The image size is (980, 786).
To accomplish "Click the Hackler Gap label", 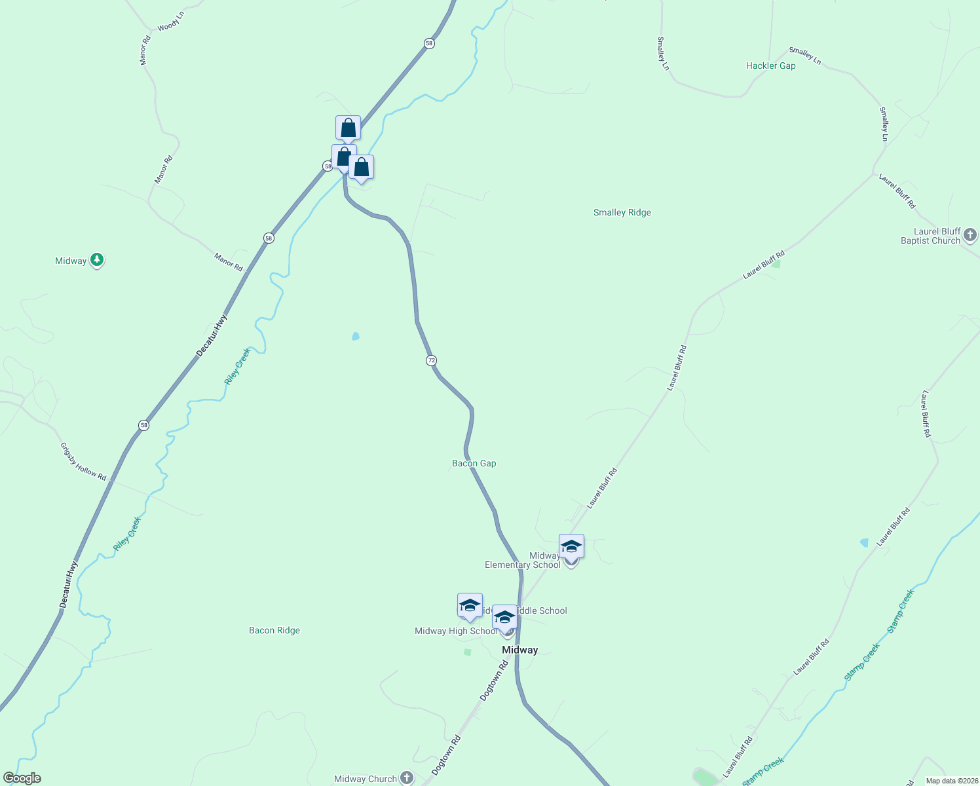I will [770, 65].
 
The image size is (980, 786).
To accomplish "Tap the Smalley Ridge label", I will [622, 212].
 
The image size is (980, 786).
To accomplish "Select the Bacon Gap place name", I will [474, 463].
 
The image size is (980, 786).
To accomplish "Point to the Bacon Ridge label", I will [274, 630].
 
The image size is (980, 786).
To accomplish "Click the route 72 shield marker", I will [431, 360].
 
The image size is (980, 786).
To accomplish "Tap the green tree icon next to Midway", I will [97, 260].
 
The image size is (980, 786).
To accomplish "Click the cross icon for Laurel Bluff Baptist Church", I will [970, 235].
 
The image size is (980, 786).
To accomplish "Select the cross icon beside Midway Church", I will [407, 777].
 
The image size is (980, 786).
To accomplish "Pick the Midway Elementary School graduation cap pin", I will [571, 546].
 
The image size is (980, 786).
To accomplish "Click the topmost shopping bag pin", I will [348, 128].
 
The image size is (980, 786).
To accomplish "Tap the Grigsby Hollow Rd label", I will [83, 462].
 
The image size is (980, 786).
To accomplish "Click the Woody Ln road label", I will [170, 22].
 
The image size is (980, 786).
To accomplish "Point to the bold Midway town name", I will [519, 650].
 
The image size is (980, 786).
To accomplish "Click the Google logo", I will [22, 778].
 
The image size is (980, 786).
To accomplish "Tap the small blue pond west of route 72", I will [356, 336].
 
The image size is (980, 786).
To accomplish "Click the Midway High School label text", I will [456, 631].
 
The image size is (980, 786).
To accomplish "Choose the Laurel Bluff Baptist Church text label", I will [930, 236].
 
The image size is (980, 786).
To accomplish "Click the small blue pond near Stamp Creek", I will [864, 542].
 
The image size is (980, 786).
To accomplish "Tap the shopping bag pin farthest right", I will [361, 168].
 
